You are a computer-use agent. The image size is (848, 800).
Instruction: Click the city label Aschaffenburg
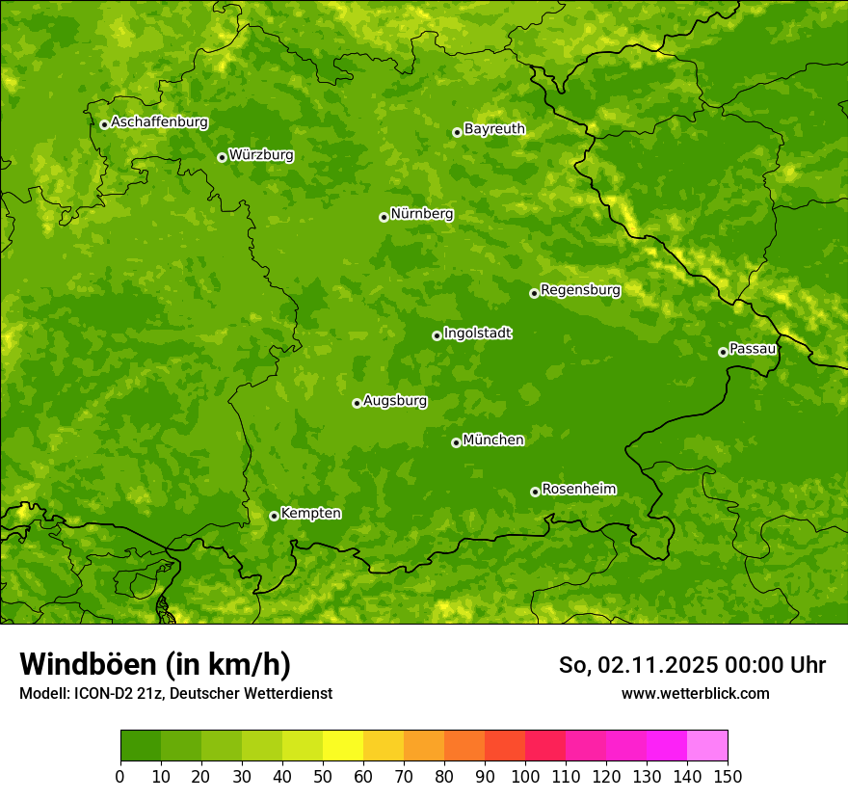tap(159, 122)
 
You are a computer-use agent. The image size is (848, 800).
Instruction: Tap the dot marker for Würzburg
tap(222, 157)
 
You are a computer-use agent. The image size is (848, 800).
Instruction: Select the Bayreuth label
tap(494, 128)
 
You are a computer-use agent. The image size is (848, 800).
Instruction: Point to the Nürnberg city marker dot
tap(384, 217)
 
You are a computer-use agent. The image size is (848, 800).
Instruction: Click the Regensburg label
tap(580, 289)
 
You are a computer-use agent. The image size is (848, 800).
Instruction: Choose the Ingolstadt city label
tap(477, 333)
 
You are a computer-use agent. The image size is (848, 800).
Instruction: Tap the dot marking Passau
tap(723, 352)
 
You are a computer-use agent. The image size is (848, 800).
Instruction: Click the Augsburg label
tap(395, 400)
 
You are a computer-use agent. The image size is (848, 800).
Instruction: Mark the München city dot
tap(456, 442)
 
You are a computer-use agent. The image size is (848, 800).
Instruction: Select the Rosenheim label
tap(578, 489)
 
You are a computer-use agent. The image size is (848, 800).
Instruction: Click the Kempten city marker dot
tap(274, 516)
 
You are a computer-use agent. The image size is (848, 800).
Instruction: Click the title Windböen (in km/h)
tap(154, 664)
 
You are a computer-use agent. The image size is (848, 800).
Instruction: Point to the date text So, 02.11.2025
tap(636, 665)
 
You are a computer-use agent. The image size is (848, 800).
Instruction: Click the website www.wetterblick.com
tap(695, 693)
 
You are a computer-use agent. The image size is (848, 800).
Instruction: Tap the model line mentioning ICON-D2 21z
tap(175, 693)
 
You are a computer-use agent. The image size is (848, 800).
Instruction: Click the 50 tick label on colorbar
tap(323, 776)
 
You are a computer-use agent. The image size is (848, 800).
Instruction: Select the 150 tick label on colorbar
tap(728, 776)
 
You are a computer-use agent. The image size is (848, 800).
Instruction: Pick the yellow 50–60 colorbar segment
tap(343, 746)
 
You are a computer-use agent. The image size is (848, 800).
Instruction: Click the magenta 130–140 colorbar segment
tap(667, 746)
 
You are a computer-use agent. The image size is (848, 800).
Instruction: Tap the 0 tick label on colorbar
tap(120, 776)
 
